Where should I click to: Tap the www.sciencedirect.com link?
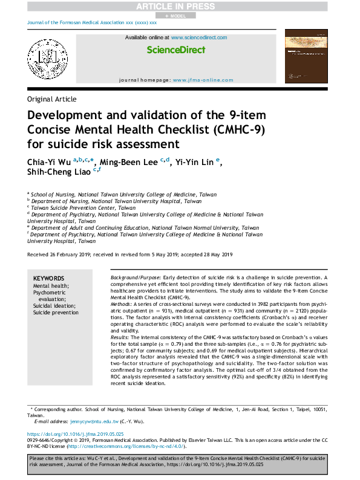(x=199, y=37)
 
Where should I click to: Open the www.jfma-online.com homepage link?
(x=197, y=80)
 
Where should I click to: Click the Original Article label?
(x=52, y=99)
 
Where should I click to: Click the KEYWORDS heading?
(x=49, y=277)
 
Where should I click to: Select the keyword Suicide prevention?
(x=56, y=313)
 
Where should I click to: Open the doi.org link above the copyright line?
(x=76, y=434)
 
